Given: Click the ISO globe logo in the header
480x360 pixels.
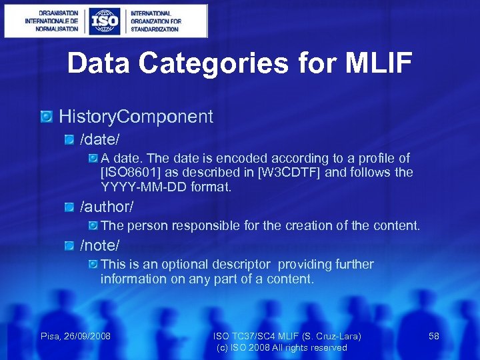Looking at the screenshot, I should [x=105, y=21].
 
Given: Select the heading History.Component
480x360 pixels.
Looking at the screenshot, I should [x=136, y=117].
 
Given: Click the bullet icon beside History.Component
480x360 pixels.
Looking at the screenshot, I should [x=47, y=117].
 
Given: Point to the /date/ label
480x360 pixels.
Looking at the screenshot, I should [x=100, y=139].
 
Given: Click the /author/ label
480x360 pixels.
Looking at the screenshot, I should [x=107, y=207].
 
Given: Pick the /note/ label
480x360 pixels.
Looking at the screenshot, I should [x=100, y=246].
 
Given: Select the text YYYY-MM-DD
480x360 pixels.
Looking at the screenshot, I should [x=142, y=187].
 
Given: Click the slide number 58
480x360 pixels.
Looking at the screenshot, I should [x=434, y=336].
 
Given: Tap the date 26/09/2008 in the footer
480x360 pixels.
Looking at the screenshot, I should [x=89, y=336].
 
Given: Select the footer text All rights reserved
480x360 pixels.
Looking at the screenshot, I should [x=310, y=347].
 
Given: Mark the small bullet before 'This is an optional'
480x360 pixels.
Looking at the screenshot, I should [x=93, y=265].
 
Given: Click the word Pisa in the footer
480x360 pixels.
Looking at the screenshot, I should [x=51, y=336].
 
